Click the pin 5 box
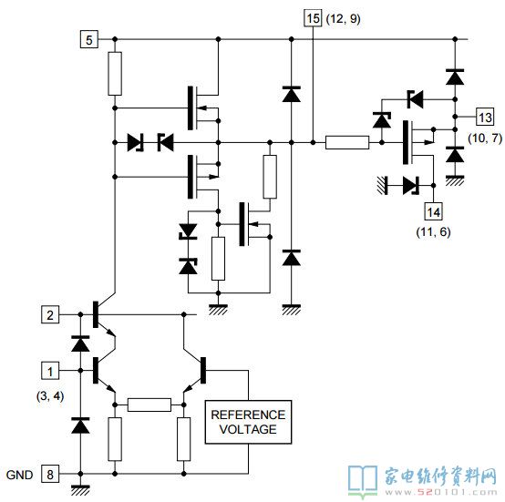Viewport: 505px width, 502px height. point(89,39)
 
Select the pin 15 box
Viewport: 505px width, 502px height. point(313,18)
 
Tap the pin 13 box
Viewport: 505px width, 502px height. point(485,117)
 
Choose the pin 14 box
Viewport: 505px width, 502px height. point(433,211)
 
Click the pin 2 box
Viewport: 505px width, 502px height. point(50,314)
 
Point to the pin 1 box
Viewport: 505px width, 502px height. point(50,371)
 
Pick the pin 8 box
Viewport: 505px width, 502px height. point(50,474)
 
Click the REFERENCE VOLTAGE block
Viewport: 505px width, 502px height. point(248,422)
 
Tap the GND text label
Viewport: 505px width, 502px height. point(20,475)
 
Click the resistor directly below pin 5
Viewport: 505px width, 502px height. point(115,74)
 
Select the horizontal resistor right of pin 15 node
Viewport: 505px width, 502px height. point(347,142)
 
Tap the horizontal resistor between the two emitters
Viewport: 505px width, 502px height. point(149,405)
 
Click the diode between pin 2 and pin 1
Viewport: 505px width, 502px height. point(80,343)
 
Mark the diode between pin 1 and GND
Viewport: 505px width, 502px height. point(80,425)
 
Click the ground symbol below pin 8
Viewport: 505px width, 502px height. point(80,490)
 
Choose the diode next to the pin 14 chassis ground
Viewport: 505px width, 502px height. point(411,185)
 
